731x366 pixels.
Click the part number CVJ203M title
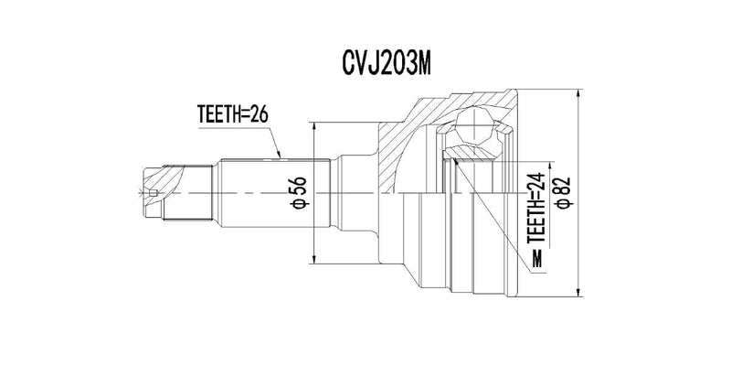click(387, 65)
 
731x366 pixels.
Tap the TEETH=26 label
click(233, 114)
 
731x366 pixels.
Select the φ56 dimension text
click(299, 193)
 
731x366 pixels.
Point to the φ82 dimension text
click(564, 193)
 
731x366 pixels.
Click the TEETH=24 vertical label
click(537, 208)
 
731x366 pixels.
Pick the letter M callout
click(538, 259)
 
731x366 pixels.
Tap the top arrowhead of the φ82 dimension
click(578, 93)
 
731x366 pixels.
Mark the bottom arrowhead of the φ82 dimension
click(578, 292)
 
